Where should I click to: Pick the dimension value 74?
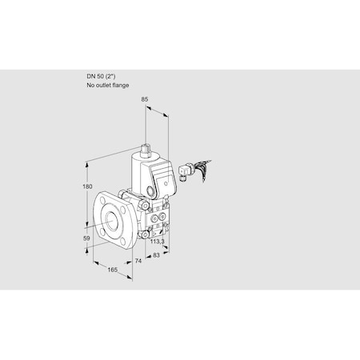(138, 262)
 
